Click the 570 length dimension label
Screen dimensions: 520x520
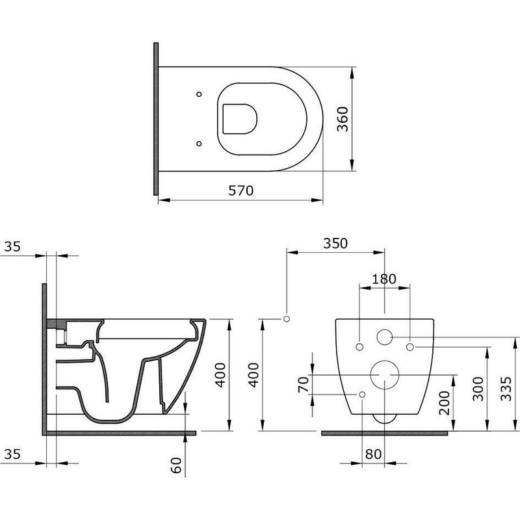[240, 190]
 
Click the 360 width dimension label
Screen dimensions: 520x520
[343, 119]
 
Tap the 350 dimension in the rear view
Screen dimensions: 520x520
[335, 243]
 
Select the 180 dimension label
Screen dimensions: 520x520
[384, 279]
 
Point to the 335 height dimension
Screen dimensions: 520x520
[506, 389]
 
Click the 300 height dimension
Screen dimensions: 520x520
[478, 389]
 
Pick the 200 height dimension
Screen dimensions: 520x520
[445, 403]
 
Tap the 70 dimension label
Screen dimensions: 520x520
[303, 385]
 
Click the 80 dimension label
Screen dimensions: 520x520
[373, 454]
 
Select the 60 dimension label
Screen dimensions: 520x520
[176, 465]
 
